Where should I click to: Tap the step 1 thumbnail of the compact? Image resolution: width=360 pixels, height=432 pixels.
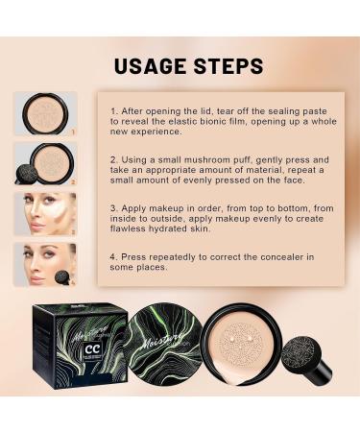point(44,114)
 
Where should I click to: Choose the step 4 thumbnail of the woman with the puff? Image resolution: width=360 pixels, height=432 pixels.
point(44,264)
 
